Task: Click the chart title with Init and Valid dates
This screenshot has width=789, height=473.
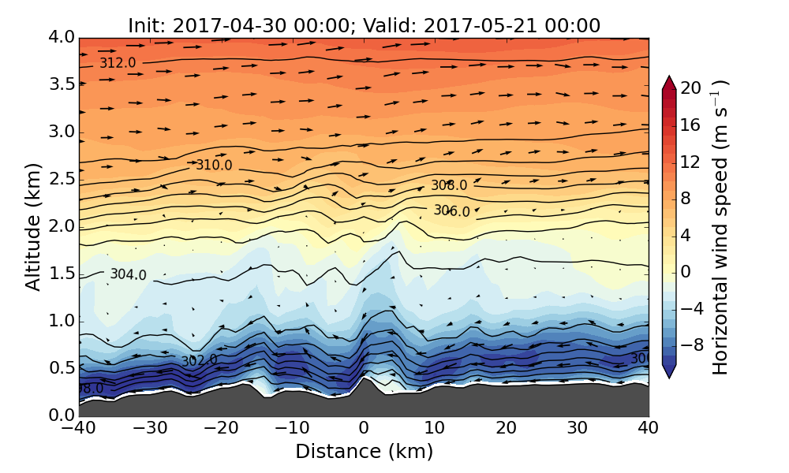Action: point(364,25)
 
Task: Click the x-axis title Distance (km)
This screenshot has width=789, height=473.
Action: point(364,452)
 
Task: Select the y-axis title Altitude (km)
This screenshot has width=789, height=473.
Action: point(32,227)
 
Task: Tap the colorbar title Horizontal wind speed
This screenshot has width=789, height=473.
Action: point(720,227)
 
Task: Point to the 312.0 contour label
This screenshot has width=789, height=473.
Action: point(117,63)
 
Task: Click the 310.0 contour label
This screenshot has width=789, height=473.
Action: point(214,166)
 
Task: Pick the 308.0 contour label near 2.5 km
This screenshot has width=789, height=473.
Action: point(449,186)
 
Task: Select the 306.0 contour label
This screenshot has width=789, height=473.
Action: point(451,211)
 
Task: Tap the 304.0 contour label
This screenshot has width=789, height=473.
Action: point(128,275)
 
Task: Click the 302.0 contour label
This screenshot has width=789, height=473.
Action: point(199,361)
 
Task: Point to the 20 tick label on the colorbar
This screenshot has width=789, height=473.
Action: point(691,88)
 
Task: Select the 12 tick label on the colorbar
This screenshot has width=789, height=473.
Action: point(691,162)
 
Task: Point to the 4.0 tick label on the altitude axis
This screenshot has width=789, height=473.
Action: point(60,37)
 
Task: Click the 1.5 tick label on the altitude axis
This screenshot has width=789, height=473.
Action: point(60,274)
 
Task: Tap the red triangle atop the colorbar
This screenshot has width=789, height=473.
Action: point(668,82)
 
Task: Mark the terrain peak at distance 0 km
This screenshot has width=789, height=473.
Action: point(364,378)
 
